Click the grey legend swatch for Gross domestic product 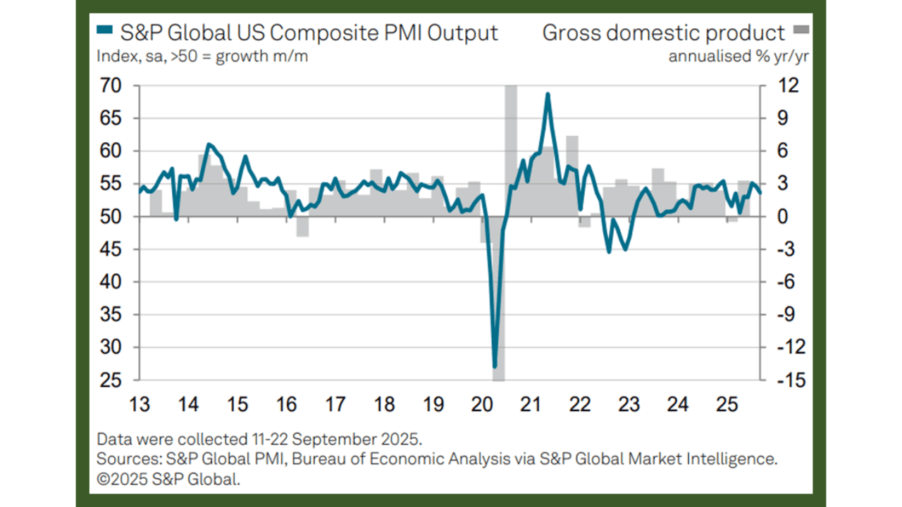click(x=801, y=30)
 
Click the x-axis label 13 click(x=140, y=405)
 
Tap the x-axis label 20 click(x=482, y=405)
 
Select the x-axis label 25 click(x=727, y=405)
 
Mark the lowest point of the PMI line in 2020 click(x=495, y=366)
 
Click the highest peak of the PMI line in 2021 click(x=547, y=94)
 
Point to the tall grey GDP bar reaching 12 click(x=511, y=141)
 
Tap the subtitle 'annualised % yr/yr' click(x=738, y=56)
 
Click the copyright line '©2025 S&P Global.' click(x=168, y=480)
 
